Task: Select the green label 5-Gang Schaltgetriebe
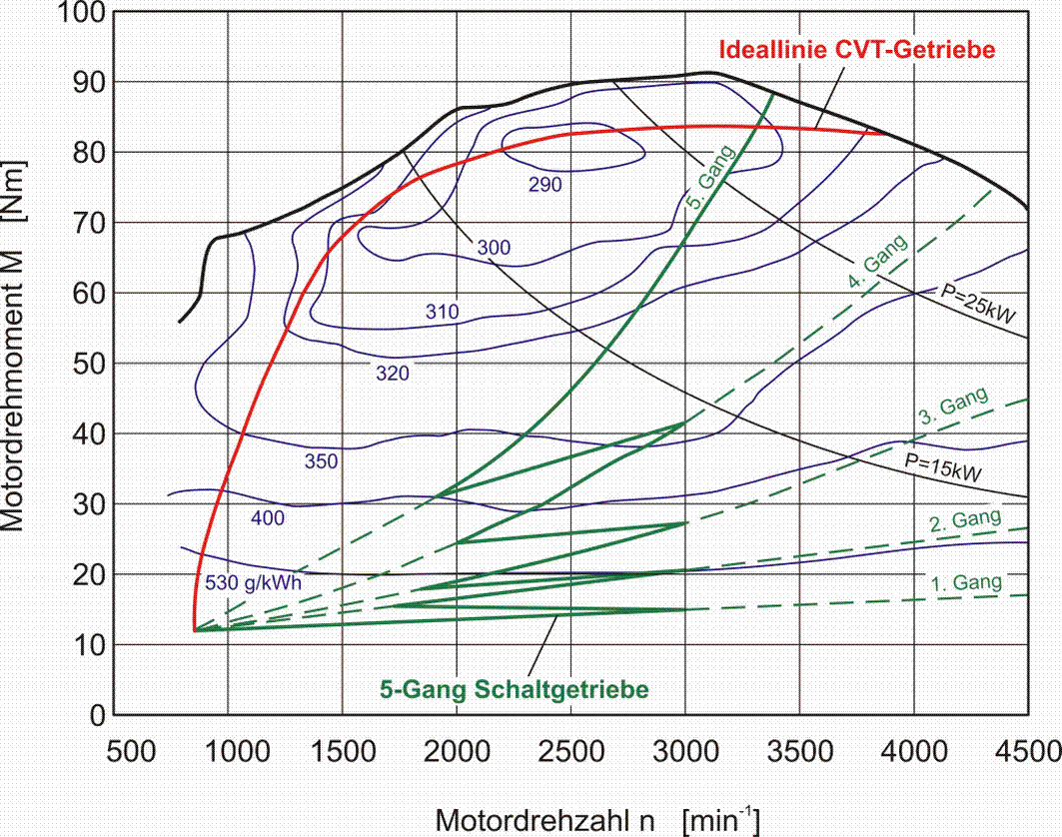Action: [x=515, y=689]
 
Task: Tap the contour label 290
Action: [x=545, y=185]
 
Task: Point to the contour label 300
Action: [x=494, y=248]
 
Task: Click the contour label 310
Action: [x=442, y=313]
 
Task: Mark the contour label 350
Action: [x=321, y=461]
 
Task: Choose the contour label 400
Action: [x=269, y=517]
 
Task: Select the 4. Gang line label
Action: [x=876, y=264]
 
